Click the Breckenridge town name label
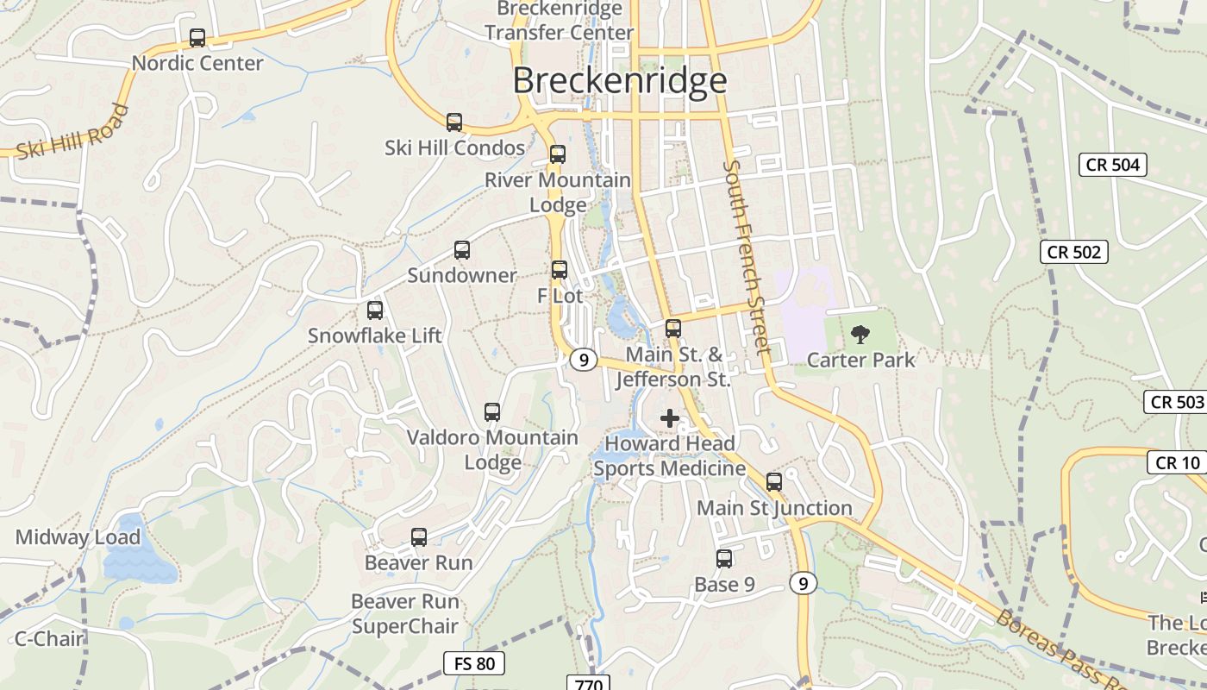(x=620, y=81)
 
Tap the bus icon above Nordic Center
(x=197, y=38)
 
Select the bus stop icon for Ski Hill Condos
(x=454, y=122)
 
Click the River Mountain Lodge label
(x=558, y=192)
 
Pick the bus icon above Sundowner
(x=462, y=250)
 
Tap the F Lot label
(x=560, y=296)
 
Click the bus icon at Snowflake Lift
(x=375, y=310)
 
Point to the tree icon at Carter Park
(x=860, y=335)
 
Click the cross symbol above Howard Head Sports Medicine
(x=670, y=419)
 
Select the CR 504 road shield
(x=1113, y=165)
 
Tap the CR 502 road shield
(x=1073, y=252)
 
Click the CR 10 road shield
(x=1178, y=463)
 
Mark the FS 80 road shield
(x=474, y=663)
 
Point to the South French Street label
(x=747, y=257)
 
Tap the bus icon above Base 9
(x=724, y=559)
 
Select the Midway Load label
(x=78, y=537)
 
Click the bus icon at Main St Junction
(x=774, y=482)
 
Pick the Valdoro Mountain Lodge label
(x=492, y=449)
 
